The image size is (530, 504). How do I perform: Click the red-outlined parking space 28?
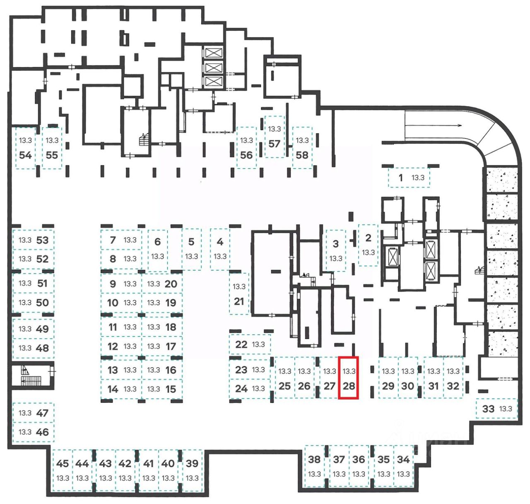point(348,378)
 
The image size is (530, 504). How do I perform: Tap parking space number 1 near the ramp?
point(409,177)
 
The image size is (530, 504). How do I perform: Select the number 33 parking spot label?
point(488,409)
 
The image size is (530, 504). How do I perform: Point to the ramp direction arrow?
point(434,125)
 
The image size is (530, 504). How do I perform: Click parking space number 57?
point(275,137)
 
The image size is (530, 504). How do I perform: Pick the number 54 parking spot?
point(26,148)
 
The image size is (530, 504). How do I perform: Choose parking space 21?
point(239,294)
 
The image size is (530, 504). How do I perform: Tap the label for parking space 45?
point(62,463)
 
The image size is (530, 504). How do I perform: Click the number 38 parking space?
point(314,466)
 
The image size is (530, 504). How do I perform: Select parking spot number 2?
point(368,245)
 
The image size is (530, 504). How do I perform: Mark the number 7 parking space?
point(121,240)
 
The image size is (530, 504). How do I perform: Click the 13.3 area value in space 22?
point(258,344)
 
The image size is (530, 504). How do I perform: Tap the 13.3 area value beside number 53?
point(25,240)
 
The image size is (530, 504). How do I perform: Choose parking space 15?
point(162,389)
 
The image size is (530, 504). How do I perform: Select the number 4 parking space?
point(220,249)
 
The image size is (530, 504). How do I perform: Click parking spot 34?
point(404,466)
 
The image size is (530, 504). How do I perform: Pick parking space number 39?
point(192,470)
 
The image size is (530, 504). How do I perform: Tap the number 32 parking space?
point(453,378)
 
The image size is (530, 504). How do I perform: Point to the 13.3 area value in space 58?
point(302,141)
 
